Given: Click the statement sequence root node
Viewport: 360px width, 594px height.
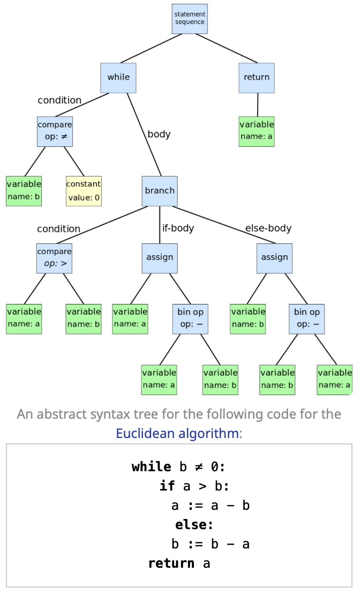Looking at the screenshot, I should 190,19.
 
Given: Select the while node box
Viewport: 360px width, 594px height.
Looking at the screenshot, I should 118,78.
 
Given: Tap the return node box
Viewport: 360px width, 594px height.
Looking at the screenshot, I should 257,78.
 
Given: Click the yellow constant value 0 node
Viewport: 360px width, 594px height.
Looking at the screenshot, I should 84,191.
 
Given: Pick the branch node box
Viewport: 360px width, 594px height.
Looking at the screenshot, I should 160,191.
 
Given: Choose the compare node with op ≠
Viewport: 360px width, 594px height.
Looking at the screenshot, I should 55,131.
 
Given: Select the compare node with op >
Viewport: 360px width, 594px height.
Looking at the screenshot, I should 54,258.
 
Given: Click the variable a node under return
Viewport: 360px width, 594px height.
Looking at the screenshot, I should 257,131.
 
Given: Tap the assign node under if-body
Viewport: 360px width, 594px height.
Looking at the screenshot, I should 160,258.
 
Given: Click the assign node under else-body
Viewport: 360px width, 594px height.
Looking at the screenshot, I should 274,258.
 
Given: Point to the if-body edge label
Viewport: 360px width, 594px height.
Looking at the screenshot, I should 178,228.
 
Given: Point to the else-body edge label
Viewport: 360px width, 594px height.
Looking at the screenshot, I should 268,228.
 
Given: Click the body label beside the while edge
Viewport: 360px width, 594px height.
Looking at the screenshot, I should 159,135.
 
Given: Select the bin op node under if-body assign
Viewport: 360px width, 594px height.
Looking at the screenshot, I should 190,318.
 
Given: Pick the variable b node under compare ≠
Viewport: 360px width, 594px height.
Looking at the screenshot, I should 24,191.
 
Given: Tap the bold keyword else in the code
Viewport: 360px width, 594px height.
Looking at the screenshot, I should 194,524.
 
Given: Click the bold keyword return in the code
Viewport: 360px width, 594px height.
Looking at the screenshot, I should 171,563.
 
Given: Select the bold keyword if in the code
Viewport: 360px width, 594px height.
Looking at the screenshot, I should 167,486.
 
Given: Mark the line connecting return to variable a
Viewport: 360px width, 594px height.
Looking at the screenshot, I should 257,105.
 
